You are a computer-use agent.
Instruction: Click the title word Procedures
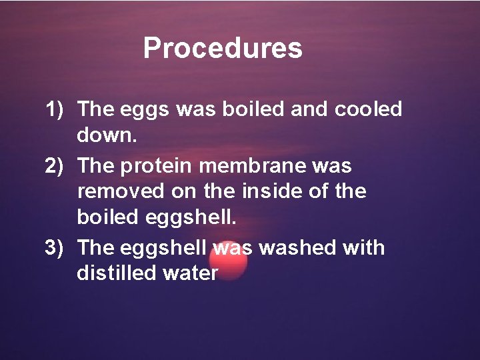[x=223, y=48]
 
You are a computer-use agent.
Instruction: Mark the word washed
[x=297, y=247]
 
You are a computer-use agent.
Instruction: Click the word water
[x=188, y=274]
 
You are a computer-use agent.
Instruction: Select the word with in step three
[x=363, y=247]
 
